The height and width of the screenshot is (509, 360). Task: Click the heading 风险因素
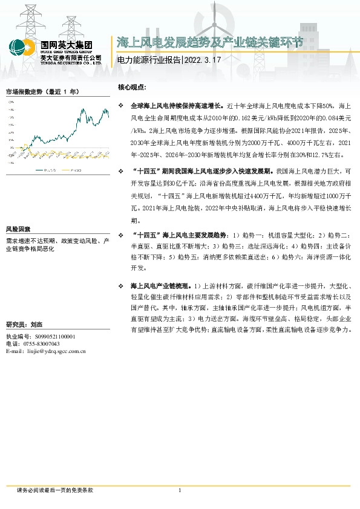tap(18, 230)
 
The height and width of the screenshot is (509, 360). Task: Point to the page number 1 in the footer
tap(180, 490)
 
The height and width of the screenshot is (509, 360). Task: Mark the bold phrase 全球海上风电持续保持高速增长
tap(177, 105)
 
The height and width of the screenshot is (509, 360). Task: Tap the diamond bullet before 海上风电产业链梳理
tap(122, 285)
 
